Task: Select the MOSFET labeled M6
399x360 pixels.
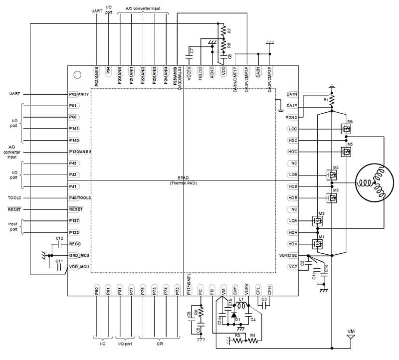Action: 346,129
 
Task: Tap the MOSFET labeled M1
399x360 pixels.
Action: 317,244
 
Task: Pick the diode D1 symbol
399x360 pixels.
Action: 234,315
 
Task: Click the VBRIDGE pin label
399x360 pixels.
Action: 288,255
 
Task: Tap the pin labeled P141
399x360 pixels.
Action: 74,129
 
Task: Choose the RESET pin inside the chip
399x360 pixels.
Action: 76,209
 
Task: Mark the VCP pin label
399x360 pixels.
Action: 293,267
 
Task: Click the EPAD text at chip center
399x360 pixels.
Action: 183,178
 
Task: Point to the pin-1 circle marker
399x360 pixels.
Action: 77,75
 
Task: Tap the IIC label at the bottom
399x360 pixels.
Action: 102,344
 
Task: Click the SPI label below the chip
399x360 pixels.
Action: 160,344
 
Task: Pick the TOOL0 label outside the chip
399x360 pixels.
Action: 14,198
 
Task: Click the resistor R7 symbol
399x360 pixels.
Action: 224,31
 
